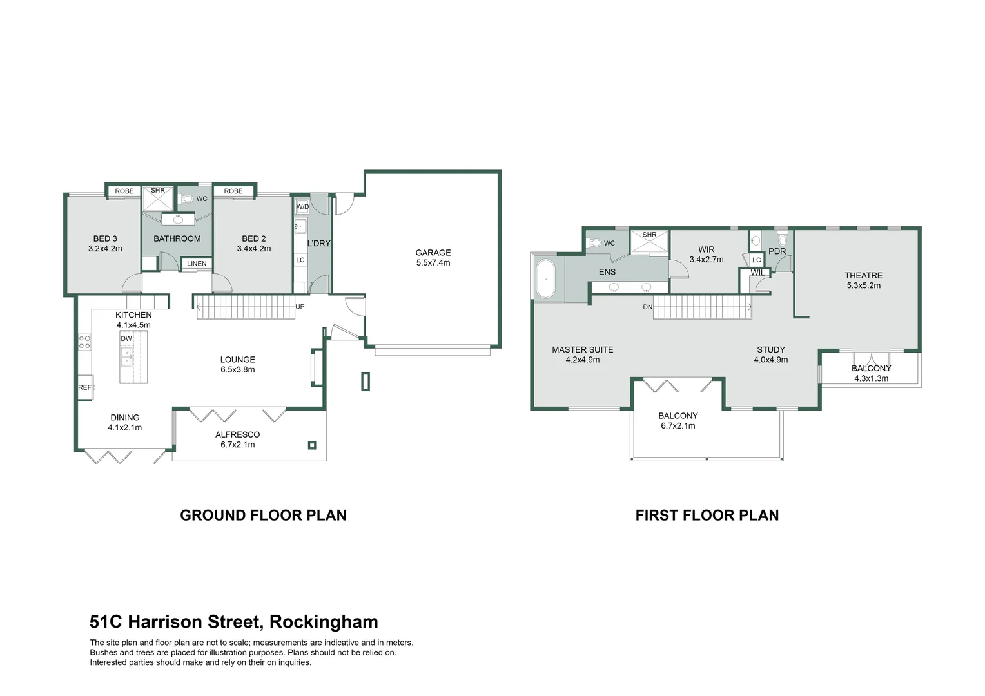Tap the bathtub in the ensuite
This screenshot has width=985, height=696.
click(x=546, y=278)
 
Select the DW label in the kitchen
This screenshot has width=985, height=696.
click(x=126, y=338)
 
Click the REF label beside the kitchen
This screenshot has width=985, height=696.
click(x=84, y=387)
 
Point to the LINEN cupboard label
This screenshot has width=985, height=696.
click(x=197, y=264)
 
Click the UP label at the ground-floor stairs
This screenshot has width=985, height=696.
click(x=300, y=307)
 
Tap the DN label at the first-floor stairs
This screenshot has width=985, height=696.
click(x=647, y=307)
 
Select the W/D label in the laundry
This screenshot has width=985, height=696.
click(x=302, y=207)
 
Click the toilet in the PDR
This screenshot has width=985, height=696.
click(x=783, y=240)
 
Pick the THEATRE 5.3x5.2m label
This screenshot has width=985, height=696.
click(x=863, y=280)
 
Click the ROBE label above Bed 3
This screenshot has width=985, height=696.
click(x=124, y=191)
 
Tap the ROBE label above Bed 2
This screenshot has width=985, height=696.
click(x=233, y=191)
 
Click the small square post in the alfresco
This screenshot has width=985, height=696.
click(x=313, y=445)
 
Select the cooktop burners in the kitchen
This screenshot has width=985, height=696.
click(x=84, y=342)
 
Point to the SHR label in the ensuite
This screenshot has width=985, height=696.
click(x=649, y=235)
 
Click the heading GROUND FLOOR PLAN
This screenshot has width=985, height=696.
click(x=263, y=515)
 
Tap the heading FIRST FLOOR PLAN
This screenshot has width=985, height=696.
click(x=707, y=515)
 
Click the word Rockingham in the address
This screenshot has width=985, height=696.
click(x=324, y=622)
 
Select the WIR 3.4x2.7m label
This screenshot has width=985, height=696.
click(x=706, y=255)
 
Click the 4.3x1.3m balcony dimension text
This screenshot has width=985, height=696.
click(x=871, y=378)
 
